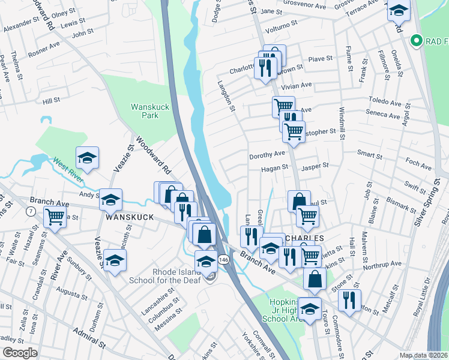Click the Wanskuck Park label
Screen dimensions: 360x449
coord(144,112)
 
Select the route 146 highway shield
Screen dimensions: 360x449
coord(223,259)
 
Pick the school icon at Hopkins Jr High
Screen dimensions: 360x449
coord(310,308)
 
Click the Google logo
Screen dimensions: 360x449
coord(20,353)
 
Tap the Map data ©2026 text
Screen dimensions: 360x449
coord(423,355)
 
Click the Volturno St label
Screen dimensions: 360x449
coord(282,26)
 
